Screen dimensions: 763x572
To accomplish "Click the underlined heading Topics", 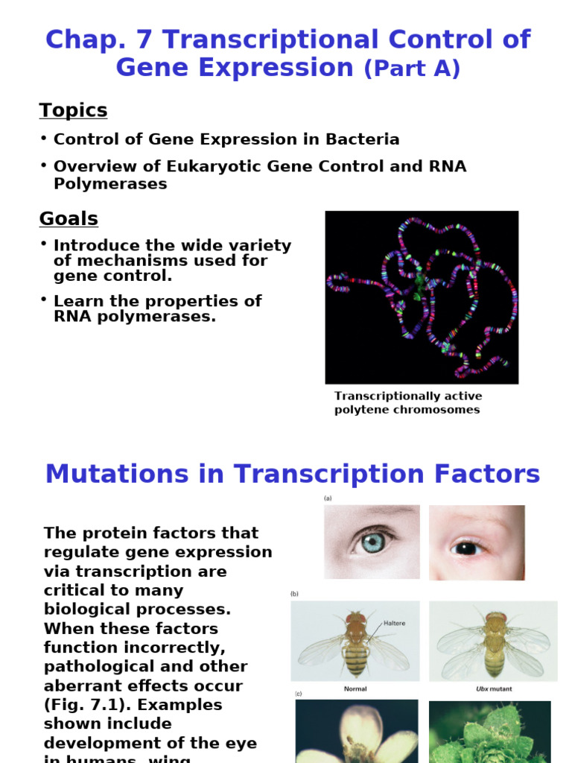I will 73,110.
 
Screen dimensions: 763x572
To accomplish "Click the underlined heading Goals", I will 69,219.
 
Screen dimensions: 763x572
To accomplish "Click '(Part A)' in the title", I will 412,69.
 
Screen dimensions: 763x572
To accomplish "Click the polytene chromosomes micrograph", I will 422,297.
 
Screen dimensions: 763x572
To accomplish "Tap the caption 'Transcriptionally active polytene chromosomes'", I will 407,403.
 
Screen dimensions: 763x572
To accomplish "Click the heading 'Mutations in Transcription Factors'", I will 293,474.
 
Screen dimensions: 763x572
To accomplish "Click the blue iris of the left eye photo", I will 372,542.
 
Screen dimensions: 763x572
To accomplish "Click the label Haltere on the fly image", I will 394,623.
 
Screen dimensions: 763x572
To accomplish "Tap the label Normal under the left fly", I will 355,689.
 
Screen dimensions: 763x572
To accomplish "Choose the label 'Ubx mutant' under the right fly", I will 493,689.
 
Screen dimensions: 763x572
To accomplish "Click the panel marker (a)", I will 328,498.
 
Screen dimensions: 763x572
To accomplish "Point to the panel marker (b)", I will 294,594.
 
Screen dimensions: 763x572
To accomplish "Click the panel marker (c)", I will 298,694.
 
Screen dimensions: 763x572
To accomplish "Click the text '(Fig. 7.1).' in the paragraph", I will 85,704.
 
